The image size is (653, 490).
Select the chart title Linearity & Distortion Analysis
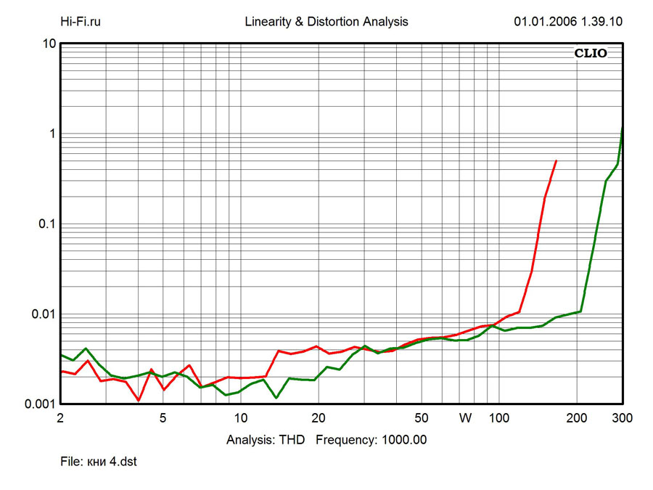[x=326, y=22]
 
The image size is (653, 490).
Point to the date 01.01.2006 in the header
[x=544, y=22]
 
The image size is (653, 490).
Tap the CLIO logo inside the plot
[x=591, y=53]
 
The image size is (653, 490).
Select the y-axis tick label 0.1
[x=47, y=224]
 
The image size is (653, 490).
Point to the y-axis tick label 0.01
[x=44, y=314]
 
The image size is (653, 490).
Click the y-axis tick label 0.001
[x=41, y=404]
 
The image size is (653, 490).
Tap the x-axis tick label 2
[x=60, y=418]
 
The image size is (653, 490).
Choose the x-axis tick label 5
[x=163, y=418]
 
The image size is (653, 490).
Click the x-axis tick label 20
[x=318, y=418]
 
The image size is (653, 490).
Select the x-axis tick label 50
[x=421, y=418]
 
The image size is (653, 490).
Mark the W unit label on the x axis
[x=465, y=418]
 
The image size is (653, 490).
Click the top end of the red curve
[x=556, y=160]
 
